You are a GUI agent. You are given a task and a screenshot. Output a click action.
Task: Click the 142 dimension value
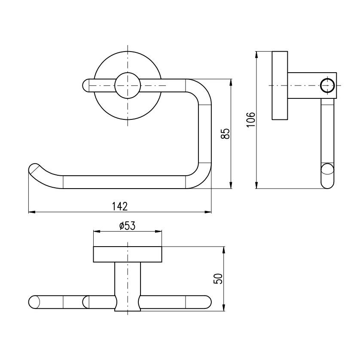point(120,206)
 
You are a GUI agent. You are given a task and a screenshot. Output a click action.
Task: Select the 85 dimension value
point(225,134)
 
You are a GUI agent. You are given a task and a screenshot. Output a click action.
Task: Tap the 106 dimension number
point(251,119)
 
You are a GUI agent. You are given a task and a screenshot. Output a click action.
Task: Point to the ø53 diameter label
point(128,226)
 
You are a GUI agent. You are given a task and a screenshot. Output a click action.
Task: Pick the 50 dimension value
point(218,279)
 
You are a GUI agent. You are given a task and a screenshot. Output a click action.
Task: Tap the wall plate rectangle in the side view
point(280,85)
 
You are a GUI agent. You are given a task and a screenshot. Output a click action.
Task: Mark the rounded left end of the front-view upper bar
point(85,85)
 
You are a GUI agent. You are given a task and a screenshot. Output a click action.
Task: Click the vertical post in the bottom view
point(128,287)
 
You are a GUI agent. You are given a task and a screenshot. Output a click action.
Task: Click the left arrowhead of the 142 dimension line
point(31,212)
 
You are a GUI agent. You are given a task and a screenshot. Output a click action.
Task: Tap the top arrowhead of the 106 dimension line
point(256,55)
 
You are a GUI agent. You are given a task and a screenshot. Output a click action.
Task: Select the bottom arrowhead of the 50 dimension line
point(224,308)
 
